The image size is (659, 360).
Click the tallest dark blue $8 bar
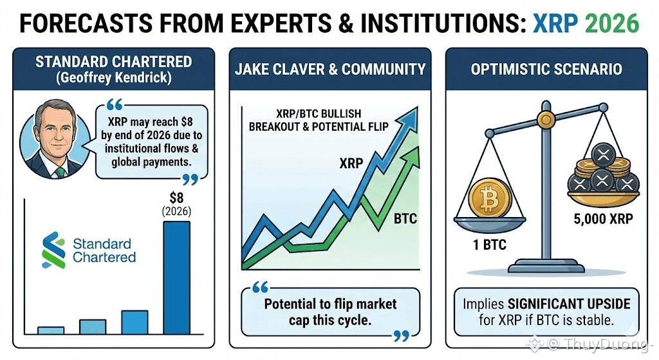(176, 278)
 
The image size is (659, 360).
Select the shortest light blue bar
(51, 330)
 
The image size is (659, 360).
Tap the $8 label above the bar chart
(176, 198)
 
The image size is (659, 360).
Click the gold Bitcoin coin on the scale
(490, 198)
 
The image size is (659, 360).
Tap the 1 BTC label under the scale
(490, 245)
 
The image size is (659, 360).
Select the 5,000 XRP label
(603, 219)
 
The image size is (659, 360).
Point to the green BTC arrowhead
(411, 156)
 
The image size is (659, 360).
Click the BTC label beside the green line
(405, 219)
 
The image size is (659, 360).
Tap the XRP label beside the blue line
(351, 163)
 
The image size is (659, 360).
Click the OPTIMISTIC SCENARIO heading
(546, 70)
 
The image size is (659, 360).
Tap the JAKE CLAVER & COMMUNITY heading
(330, 70)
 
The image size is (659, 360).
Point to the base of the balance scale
(546, 267)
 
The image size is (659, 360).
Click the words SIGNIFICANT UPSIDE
(569, 303)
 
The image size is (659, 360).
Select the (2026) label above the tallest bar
(176, 211)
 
